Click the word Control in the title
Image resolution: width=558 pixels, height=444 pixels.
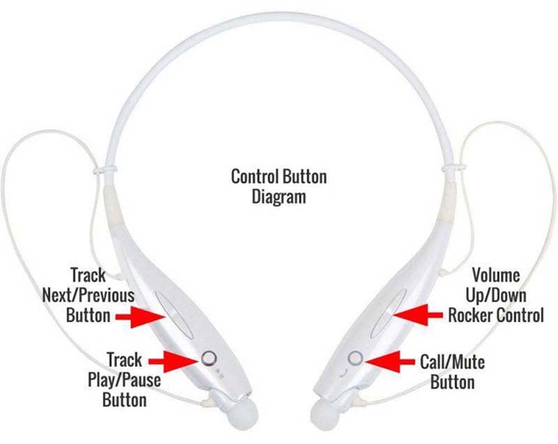pyautogui.click(x=255, y=176)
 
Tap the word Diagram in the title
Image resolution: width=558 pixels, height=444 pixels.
pyautogui.click(x=279, y=197)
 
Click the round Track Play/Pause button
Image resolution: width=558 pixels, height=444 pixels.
pyautogui.click(x=209, y=358)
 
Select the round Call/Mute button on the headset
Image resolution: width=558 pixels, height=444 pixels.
pyautogui.click(x=355, y=358)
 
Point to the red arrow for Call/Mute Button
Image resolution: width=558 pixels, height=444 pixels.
pyautogui.click(x=390, y=362)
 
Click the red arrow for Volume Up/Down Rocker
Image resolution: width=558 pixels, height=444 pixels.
pyautogui.click(x=418, y=315)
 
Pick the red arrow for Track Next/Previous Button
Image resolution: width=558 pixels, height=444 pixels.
pyautogui.click(x=141, y=316)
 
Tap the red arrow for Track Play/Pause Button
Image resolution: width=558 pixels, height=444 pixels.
pyautogui.click(x=173, y=361)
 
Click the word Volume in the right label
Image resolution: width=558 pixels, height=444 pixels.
pyautogui.click(x=496, y=275)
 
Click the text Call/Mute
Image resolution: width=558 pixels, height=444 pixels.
pyautogui.click(x=452, y=362)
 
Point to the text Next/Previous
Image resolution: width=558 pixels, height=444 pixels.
pyautogui.click(x=89, y=296)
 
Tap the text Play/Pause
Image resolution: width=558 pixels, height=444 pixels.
pyautogui.click(x=124, y=380)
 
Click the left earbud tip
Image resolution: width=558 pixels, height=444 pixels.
pyautogui.click(x=242, y=415)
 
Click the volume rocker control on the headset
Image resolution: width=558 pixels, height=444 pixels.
pyautogui.click(x=389, y=313)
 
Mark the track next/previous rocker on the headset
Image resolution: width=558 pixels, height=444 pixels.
pyautogui.click(x=175, y=315)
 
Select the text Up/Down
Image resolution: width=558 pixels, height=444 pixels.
pyautogui.click(x=496, y=296)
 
